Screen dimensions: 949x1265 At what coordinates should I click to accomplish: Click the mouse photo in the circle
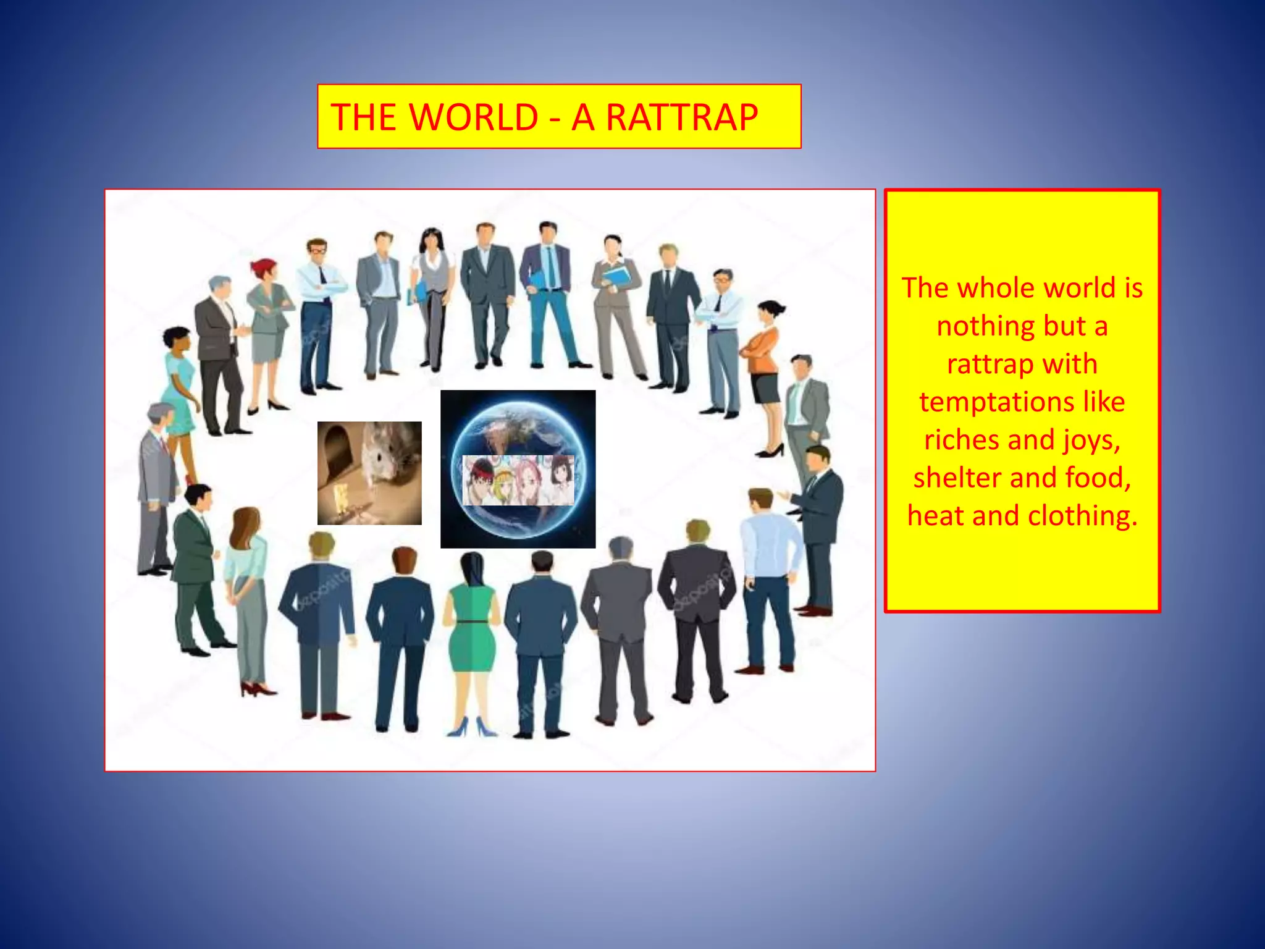[x=369, y=473]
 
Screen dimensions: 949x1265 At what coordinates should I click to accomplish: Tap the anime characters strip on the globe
[x=518, y=480]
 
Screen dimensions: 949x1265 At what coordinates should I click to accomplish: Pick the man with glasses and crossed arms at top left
[x=318, y=309]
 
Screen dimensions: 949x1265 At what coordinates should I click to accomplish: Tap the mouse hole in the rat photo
[x=337, y=448]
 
